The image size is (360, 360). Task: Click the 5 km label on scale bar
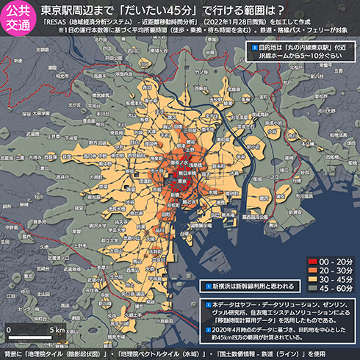pyautogui.click(x=57, y=330)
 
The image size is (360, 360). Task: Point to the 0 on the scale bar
pyautogui.click(x=8, y=330)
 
